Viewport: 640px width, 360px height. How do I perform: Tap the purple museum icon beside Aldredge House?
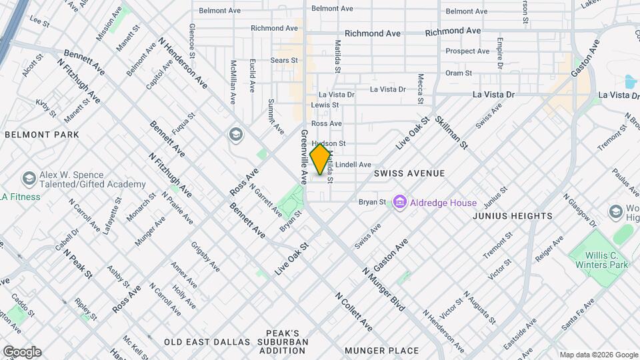(x=399, y=202)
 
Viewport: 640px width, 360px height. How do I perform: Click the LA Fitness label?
(x=20, y=197)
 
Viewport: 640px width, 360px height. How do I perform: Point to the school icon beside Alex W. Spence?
(x=29, y=179)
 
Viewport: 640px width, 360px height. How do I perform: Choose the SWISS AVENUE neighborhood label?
(x=409, y=173)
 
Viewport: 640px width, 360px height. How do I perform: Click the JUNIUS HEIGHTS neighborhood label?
(x=512, y=216)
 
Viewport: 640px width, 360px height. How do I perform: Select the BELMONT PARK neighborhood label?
(x=42, y=135)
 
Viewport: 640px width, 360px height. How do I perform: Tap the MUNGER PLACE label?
(x=381, y=350)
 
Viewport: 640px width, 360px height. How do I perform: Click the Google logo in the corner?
(x=21, y=352)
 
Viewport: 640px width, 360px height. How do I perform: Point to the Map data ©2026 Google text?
(x=598, y=355)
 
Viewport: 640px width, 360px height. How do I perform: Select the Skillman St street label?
(x=451, y=132)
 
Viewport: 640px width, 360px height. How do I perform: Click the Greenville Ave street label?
(x=303, y=157)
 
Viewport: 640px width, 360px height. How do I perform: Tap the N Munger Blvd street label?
(x=384, y=290)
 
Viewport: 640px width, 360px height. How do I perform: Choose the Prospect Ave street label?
(x=467, y=51)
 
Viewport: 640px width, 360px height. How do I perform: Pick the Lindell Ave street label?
(x=353, y=165)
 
